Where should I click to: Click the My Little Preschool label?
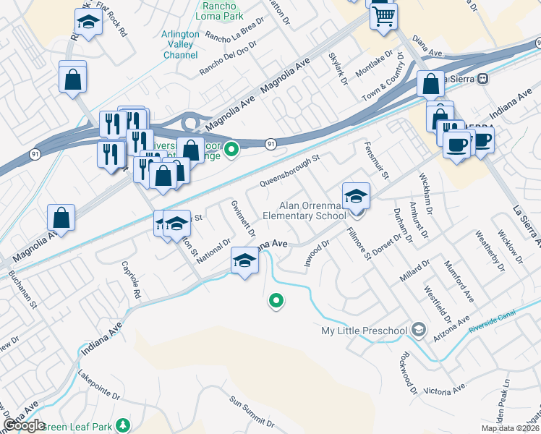pos(364,331)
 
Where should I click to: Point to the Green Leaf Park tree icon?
pos(124,425)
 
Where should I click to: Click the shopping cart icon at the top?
pos(383,16)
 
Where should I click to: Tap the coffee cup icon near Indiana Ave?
pos(456,142)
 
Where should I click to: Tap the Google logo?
pos(24,425)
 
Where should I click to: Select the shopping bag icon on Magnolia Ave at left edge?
pos(61,218)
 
